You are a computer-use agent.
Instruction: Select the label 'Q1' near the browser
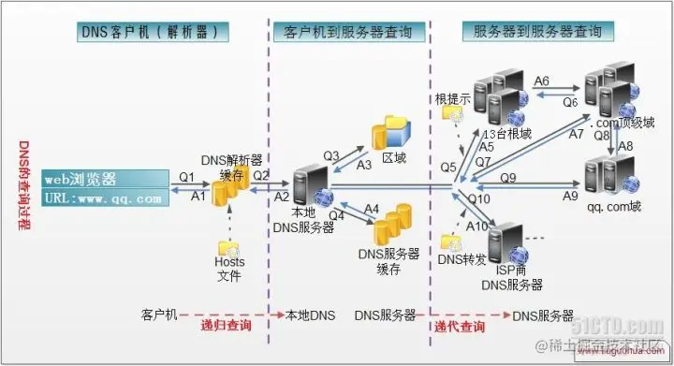[x=186, y=175]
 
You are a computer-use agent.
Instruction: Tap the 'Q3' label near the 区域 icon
[x=330, y=154]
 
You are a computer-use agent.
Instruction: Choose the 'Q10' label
[x=479, y=198]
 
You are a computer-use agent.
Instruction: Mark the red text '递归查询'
[x=227, y=326]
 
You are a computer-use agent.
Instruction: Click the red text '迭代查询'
[x=460, y=326]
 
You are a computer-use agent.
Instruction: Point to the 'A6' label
[x=541, y=81]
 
